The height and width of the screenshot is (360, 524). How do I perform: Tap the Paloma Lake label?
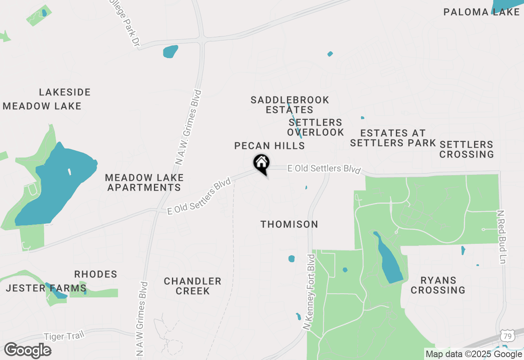(x=481, y=12)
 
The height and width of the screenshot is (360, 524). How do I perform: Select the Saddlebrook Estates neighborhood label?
(x=290, y=105)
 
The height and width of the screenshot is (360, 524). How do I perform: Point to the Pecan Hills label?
(x=269, y=146)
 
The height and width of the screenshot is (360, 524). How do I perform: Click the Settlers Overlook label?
(x=315, y=127)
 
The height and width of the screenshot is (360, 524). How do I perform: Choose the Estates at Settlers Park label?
(x=393, y=138)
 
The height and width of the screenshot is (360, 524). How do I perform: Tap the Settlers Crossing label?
(x=466, y=149)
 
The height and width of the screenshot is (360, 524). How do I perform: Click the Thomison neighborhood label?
(x=289, y=224)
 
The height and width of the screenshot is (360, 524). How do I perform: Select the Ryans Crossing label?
(x=438, y=285)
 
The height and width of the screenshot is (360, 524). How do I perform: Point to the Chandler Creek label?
(x=192, y=286)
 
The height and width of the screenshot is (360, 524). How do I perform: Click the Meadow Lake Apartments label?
(x=144, y=182)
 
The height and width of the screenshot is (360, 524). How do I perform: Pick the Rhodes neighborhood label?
(x=96, y=274)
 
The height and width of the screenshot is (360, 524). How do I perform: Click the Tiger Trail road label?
(x=63, y=336)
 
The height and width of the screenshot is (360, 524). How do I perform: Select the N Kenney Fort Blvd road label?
(x=309, y=292)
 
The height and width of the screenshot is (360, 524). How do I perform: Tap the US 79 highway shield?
(x=508, y=336)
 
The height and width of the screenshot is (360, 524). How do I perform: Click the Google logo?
(x=27, y=350)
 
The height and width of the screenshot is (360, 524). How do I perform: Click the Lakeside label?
(x=65, y=92)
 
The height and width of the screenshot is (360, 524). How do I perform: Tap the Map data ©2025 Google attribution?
(x=474, y=354)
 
